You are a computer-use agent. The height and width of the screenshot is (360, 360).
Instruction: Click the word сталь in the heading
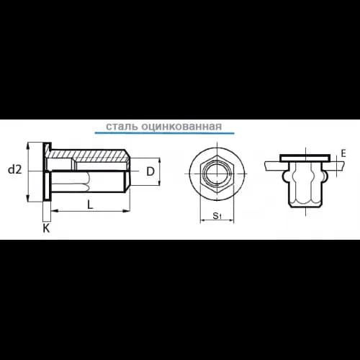click(x=122, y=126)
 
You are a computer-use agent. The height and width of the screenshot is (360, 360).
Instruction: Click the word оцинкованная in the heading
click(x=181, y=126)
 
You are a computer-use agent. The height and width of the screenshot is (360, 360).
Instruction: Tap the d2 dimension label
click(x=14, y=170)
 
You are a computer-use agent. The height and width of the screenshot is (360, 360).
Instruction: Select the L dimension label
click(x=90, y=204)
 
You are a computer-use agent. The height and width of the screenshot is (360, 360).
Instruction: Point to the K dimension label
click(x=46, y=228)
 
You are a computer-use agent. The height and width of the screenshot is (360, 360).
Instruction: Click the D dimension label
click(x=150, y=171)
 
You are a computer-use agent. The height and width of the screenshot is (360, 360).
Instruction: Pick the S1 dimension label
click(x=217, y=215)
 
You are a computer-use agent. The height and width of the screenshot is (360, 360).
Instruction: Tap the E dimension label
click(x=343, y=153)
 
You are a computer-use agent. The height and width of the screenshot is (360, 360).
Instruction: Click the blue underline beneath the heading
click(x=164, y=132)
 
